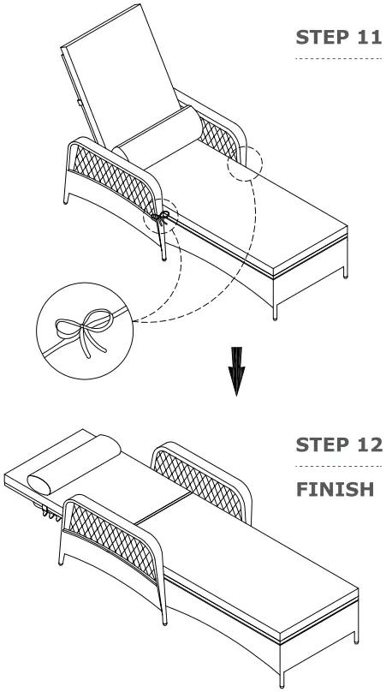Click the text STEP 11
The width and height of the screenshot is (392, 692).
click(x=338, y=39)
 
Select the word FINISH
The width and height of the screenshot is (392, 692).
click(x=335, y=490)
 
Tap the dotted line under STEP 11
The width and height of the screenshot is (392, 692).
click(x=338, y=59)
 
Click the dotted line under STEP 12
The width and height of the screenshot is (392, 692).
click(x=338, y=467)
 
